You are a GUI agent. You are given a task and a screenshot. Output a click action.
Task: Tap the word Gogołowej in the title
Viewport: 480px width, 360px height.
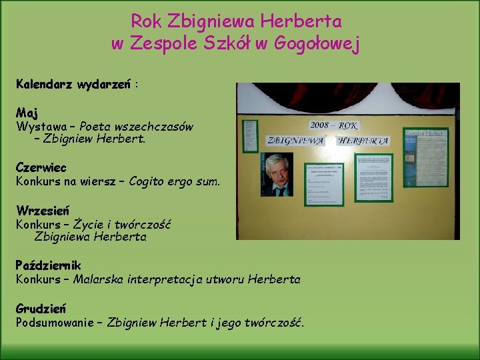coord(323,45)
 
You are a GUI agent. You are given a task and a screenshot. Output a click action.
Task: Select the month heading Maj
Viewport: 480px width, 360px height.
coord(27,112)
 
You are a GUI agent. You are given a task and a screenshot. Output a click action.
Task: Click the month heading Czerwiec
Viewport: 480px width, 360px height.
coord(41,167)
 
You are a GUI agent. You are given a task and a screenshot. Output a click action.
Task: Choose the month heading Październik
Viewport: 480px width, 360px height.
coord(49,265)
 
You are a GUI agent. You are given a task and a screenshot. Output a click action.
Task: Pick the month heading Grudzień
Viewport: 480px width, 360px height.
coord(41,309)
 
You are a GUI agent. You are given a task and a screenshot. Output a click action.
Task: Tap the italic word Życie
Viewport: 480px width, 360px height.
coord(89,224)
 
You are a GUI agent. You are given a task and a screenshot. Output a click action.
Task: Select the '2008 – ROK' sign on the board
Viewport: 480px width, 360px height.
coord(333,125)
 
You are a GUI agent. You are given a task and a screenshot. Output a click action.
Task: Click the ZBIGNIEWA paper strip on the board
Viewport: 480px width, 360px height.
coord(295,141)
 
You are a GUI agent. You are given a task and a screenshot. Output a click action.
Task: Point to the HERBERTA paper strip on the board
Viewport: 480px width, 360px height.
coord(363,141)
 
